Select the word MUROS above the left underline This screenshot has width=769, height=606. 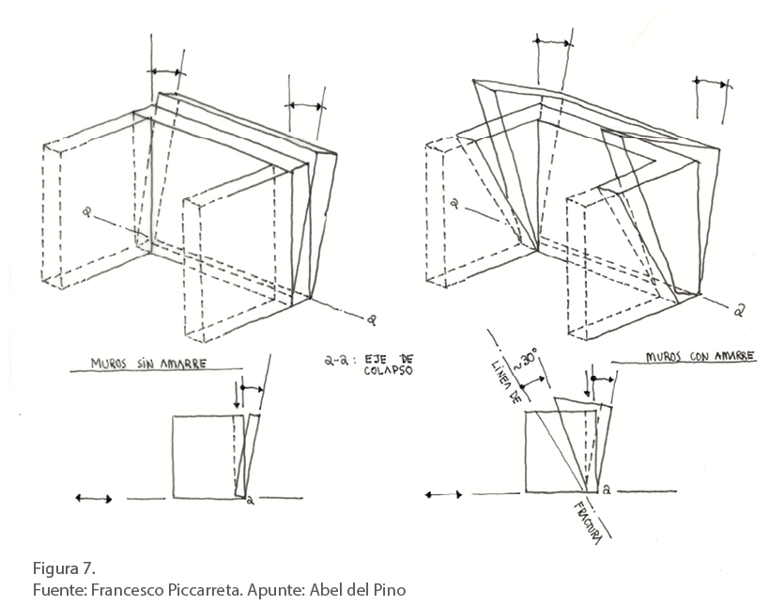[x=108, y=364]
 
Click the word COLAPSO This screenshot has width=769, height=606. [x=389, y=370]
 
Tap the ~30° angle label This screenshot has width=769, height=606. [x=525, y=359]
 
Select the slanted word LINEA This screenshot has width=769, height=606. [x=499, y=372]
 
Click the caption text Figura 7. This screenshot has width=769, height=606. [x=64, y=568]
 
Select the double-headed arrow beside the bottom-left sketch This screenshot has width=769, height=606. [x=94, y=499]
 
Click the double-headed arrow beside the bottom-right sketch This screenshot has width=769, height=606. [x=443, y=494]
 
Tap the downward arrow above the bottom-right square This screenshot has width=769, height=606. [x=588, y=383]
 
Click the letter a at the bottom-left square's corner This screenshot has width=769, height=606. [x=250, y=501]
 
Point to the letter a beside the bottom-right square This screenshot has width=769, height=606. [x=607, y=489]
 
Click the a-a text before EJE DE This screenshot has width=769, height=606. [x=337, y=361]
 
